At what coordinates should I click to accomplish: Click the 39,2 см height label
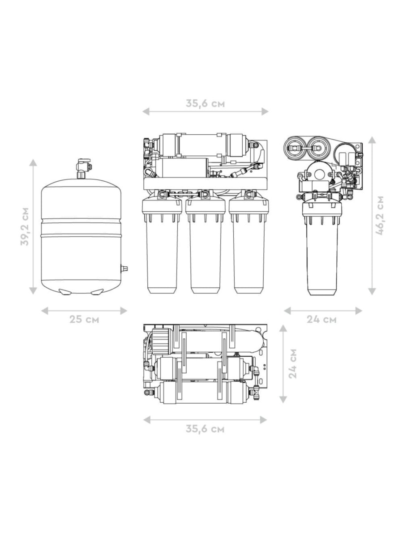point(25,226)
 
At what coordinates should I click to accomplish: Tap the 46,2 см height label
point(380,216)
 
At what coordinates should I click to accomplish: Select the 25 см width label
point(84,319)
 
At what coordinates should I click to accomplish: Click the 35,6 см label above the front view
point(205,103)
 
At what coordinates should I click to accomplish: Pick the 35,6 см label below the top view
point(205,429)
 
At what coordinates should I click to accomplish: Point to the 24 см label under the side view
point(322,319)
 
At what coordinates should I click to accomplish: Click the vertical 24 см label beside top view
point(292,364)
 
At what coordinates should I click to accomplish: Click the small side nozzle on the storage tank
point(124,268)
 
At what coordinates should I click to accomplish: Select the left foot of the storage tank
point(65,292)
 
